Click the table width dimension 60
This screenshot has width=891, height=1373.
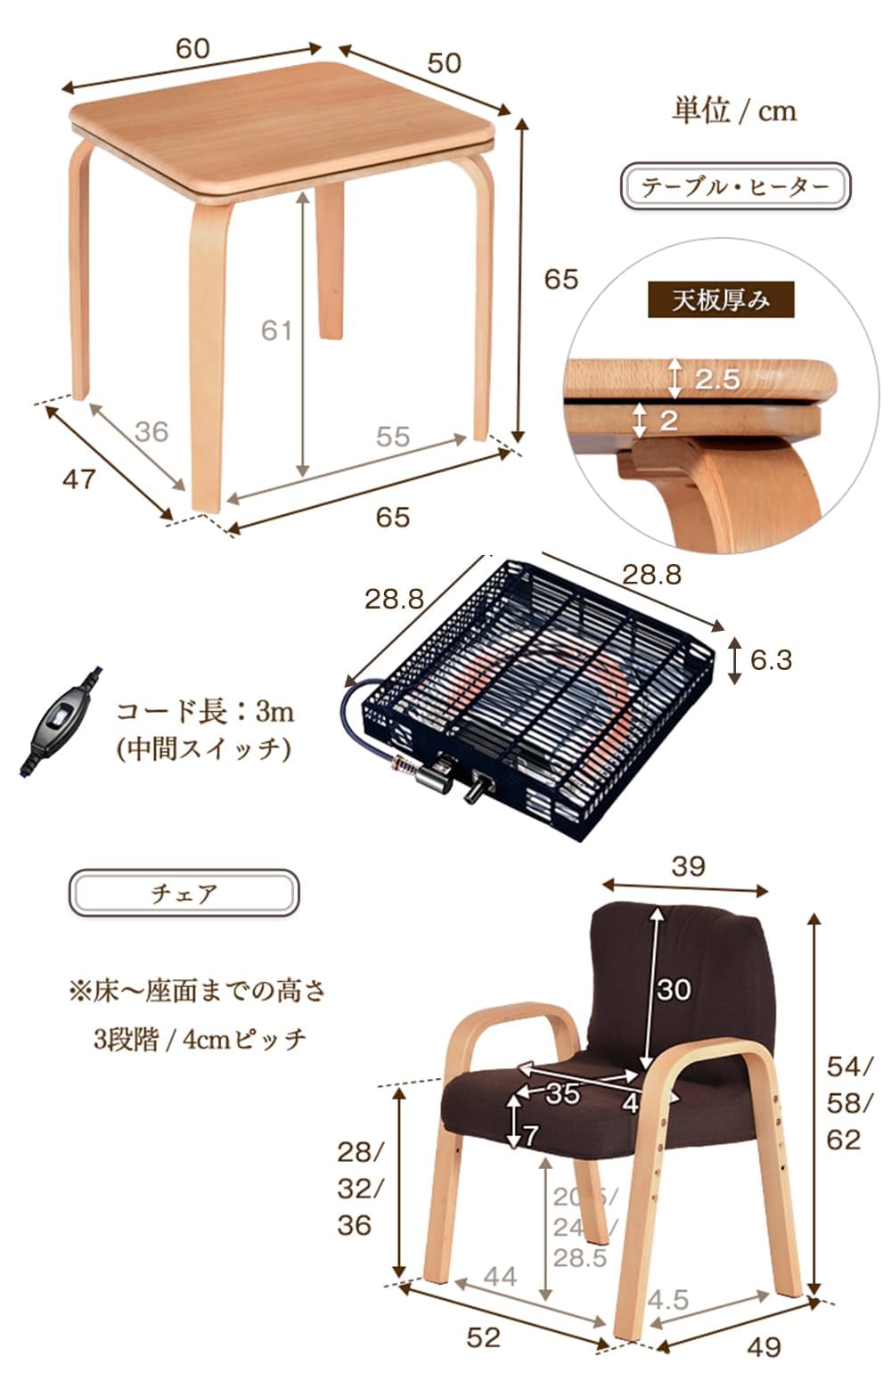point(192,48)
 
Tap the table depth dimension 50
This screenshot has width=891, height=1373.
point(444,62)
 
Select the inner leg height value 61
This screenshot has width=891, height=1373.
point(276,331)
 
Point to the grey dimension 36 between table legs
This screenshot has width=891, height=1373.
point(151,431)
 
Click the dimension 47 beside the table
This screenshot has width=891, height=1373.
point(78,479)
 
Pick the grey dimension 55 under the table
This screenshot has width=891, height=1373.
point(392,437)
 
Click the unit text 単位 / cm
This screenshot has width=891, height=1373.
point(733,110)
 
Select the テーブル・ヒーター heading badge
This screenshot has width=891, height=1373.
point(735,186)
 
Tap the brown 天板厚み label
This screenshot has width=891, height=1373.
point(720,300)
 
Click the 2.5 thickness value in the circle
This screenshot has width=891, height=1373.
point(717,380)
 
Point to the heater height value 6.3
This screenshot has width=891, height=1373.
point(771,660)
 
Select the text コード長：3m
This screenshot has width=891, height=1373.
point(205,711)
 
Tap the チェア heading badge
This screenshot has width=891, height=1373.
point(184,893)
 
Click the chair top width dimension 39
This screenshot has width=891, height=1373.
point(688,866)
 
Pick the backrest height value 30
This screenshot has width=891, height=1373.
point(674,989)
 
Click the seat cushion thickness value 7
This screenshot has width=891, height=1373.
point(530,1135)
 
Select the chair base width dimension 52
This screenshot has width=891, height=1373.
point(483,1336)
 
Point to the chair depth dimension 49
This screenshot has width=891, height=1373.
point(764,1346)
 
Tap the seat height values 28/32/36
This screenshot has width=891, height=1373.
point(359,1189)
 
